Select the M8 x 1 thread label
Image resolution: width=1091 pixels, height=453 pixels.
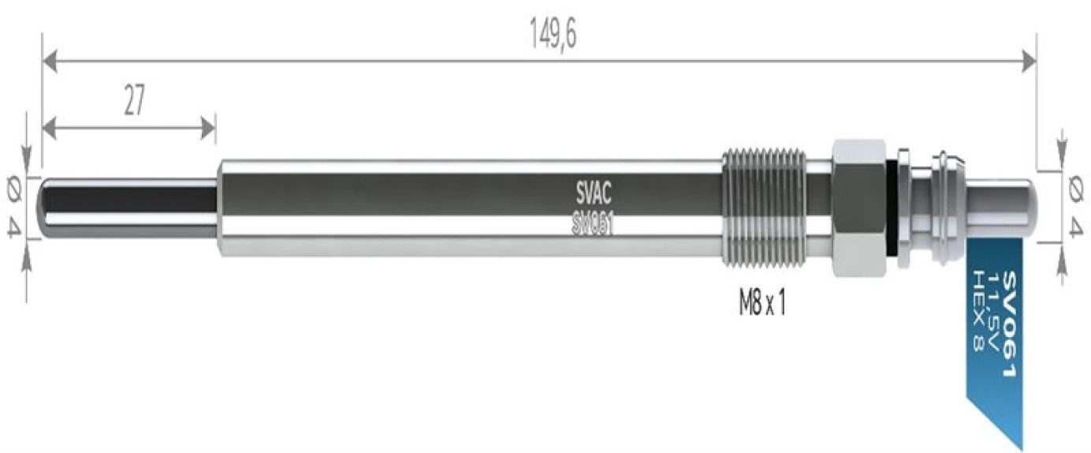tap(761, 304)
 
